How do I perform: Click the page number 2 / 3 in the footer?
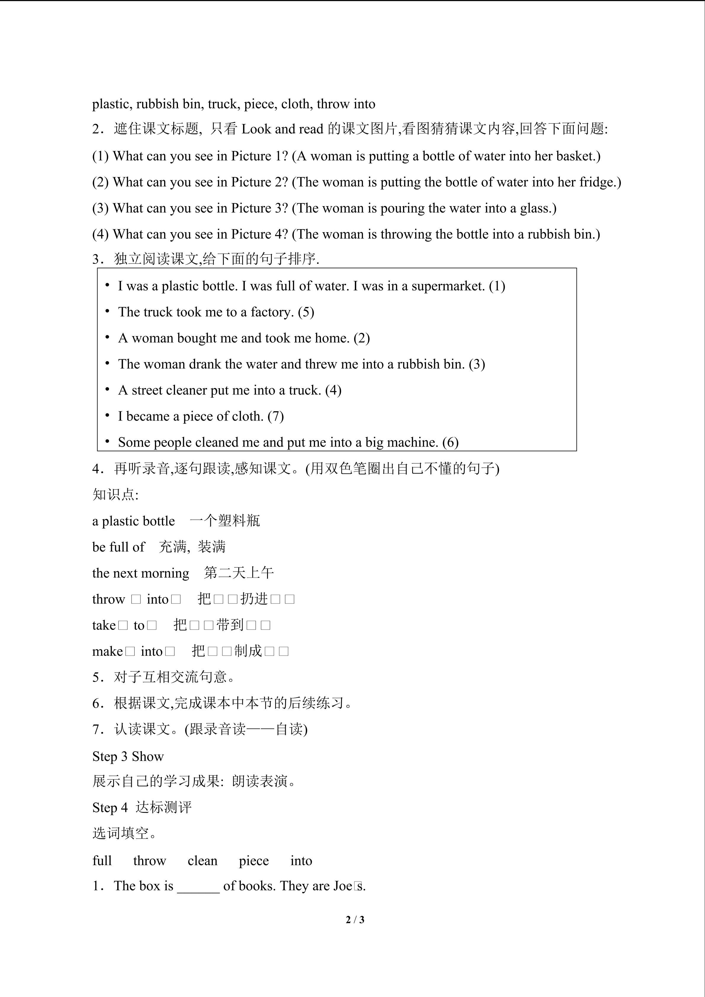click(x=355, y=919)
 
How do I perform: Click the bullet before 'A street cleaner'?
click(x=107, y=389)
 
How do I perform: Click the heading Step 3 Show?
click(x=128, y=757)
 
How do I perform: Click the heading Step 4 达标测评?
click(x=142, y=808)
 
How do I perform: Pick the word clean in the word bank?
click(x=202, y=861)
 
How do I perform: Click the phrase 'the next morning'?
click(x=141, y=573)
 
